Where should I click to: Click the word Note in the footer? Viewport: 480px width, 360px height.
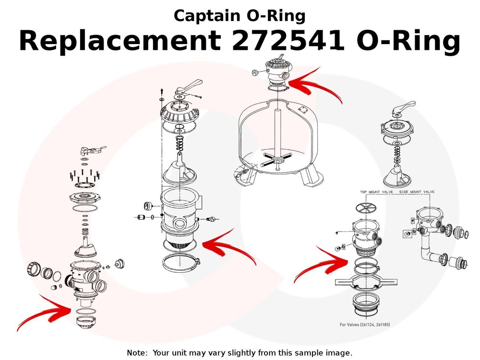pos(136,353)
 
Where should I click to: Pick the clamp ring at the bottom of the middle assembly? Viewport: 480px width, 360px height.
pos(180,263)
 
